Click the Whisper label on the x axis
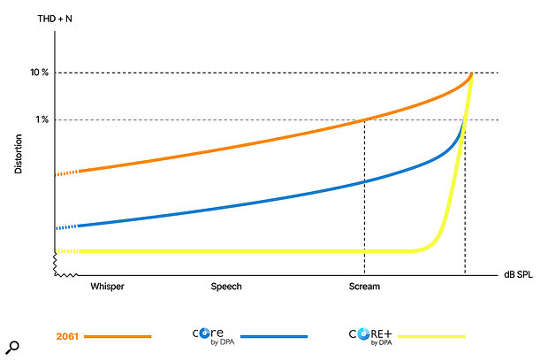[106, 287]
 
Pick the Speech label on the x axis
[225, 287]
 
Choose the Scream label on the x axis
[363, 287]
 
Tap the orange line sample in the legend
[118, 337]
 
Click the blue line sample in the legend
[273, 337]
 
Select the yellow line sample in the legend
[430, 337]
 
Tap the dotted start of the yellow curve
[65, 251]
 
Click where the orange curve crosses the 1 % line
[364, 119]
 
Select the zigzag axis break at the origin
[58, 263]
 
